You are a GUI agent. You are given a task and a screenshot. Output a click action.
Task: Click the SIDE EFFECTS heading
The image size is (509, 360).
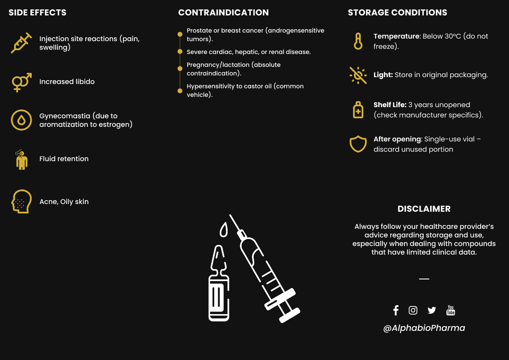pyautogui.click(x=38, y=12)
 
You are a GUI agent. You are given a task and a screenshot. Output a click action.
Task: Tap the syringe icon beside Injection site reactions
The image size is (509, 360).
pyautogui.click(x=21, y=43)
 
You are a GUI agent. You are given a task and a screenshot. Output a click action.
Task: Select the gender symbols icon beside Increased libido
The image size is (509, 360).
pyautogui.click(x=21, y=82)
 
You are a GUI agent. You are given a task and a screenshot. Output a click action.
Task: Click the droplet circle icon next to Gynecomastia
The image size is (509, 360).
pyautogui.click(x=21, y=120)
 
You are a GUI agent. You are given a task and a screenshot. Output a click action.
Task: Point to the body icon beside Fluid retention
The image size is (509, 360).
pyautogui.click(x=21, y=159)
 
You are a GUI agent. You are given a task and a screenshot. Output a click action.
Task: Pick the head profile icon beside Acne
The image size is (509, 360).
pyautogui.click(x=21, y=201)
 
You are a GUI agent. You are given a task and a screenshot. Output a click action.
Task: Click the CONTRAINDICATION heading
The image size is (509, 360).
pyautogui.click(x=224, y=12)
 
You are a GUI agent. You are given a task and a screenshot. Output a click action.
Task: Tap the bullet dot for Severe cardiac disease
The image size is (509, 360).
pyautogui.click(x=180, y=52)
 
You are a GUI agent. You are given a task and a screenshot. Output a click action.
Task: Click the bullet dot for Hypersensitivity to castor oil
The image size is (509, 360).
pyautogui.click(x=180, y=90)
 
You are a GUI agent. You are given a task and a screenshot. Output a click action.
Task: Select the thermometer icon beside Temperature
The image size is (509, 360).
pyautogui.click(x=358, y=41)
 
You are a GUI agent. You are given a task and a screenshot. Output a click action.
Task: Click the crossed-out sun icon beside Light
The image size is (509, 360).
pyautogui.click(x=358, y=75)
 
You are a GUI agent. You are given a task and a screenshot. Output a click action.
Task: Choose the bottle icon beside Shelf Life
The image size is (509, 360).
pyautogui.click(x=358, y=110)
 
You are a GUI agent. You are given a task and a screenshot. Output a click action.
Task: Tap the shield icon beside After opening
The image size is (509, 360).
pyautogui.click(x=358, y=144)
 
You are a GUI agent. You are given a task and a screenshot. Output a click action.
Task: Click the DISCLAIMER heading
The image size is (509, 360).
pyautogui.click(x=424, y=209)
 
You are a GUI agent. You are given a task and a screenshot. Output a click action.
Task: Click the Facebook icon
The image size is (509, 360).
pyautogui.click(x=396, y=310)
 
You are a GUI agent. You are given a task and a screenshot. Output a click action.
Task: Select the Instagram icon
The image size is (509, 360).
pyautogui.click(x=413, y=310)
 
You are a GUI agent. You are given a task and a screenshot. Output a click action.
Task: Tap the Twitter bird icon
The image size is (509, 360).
pyautogui.click(x=431, y=310)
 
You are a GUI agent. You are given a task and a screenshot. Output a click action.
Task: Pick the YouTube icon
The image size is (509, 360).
pyautogui.click(x=451, y=310)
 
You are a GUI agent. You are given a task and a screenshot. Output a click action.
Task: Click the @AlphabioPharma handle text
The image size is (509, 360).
pyautogui.click(x=424, y=328)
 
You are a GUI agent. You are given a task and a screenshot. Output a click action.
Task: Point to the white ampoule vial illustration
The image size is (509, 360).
pyautogui.click(x=219, y=287)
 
